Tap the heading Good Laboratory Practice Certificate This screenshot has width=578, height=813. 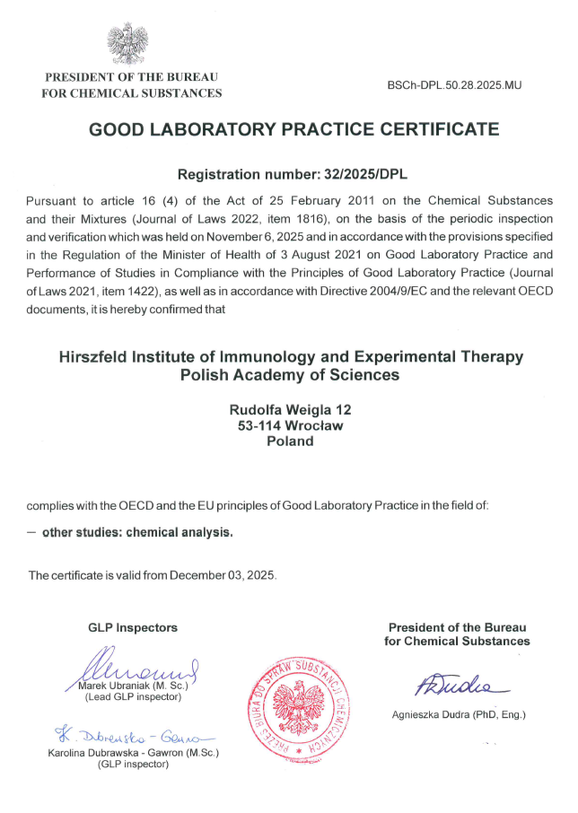[x=293, y=129]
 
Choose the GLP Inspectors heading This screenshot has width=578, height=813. [x=133, y=627]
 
